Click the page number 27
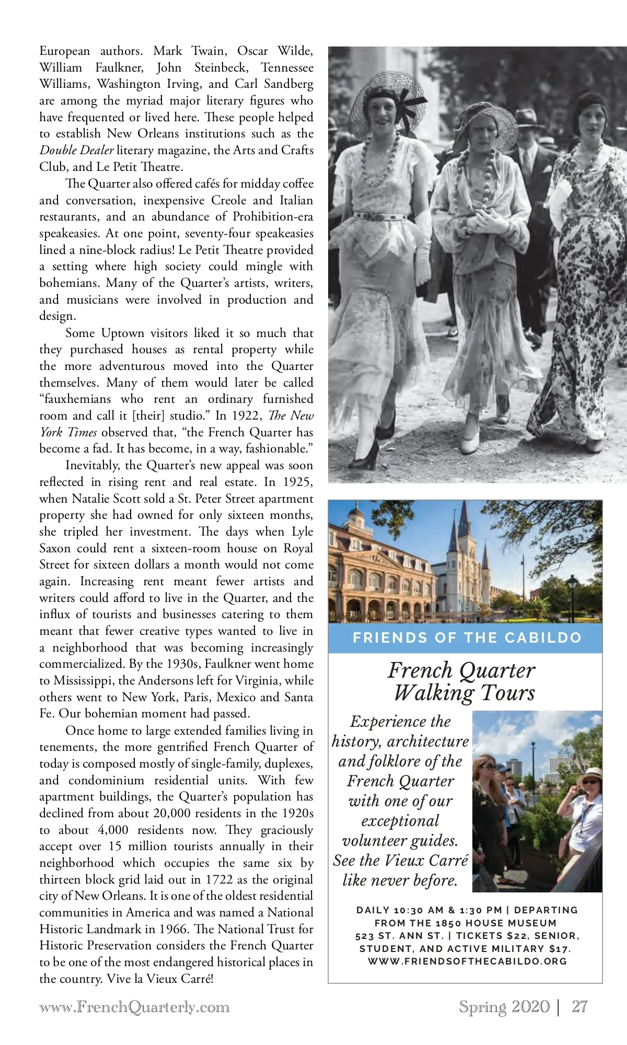pyautogui.click(x=579, y=1006)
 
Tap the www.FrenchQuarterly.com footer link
pyautogui.click(x=134, y=1007)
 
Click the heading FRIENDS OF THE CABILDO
pyautogui.click(x=467, y=637)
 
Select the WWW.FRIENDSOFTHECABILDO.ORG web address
pyautogui.click(x=467, y=961)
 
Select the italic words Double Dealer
pyautogui.click(x=76, y=150)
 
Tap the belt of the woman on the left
pyautogui.click(x=380, y=216)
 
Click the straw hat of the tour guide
pyautogui.click(x=589, y=773)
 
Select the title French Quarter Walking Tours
pyautogui.click(x=462, y=681)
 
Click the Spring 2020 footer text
pyautogui.click(x=504, y=1006)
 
